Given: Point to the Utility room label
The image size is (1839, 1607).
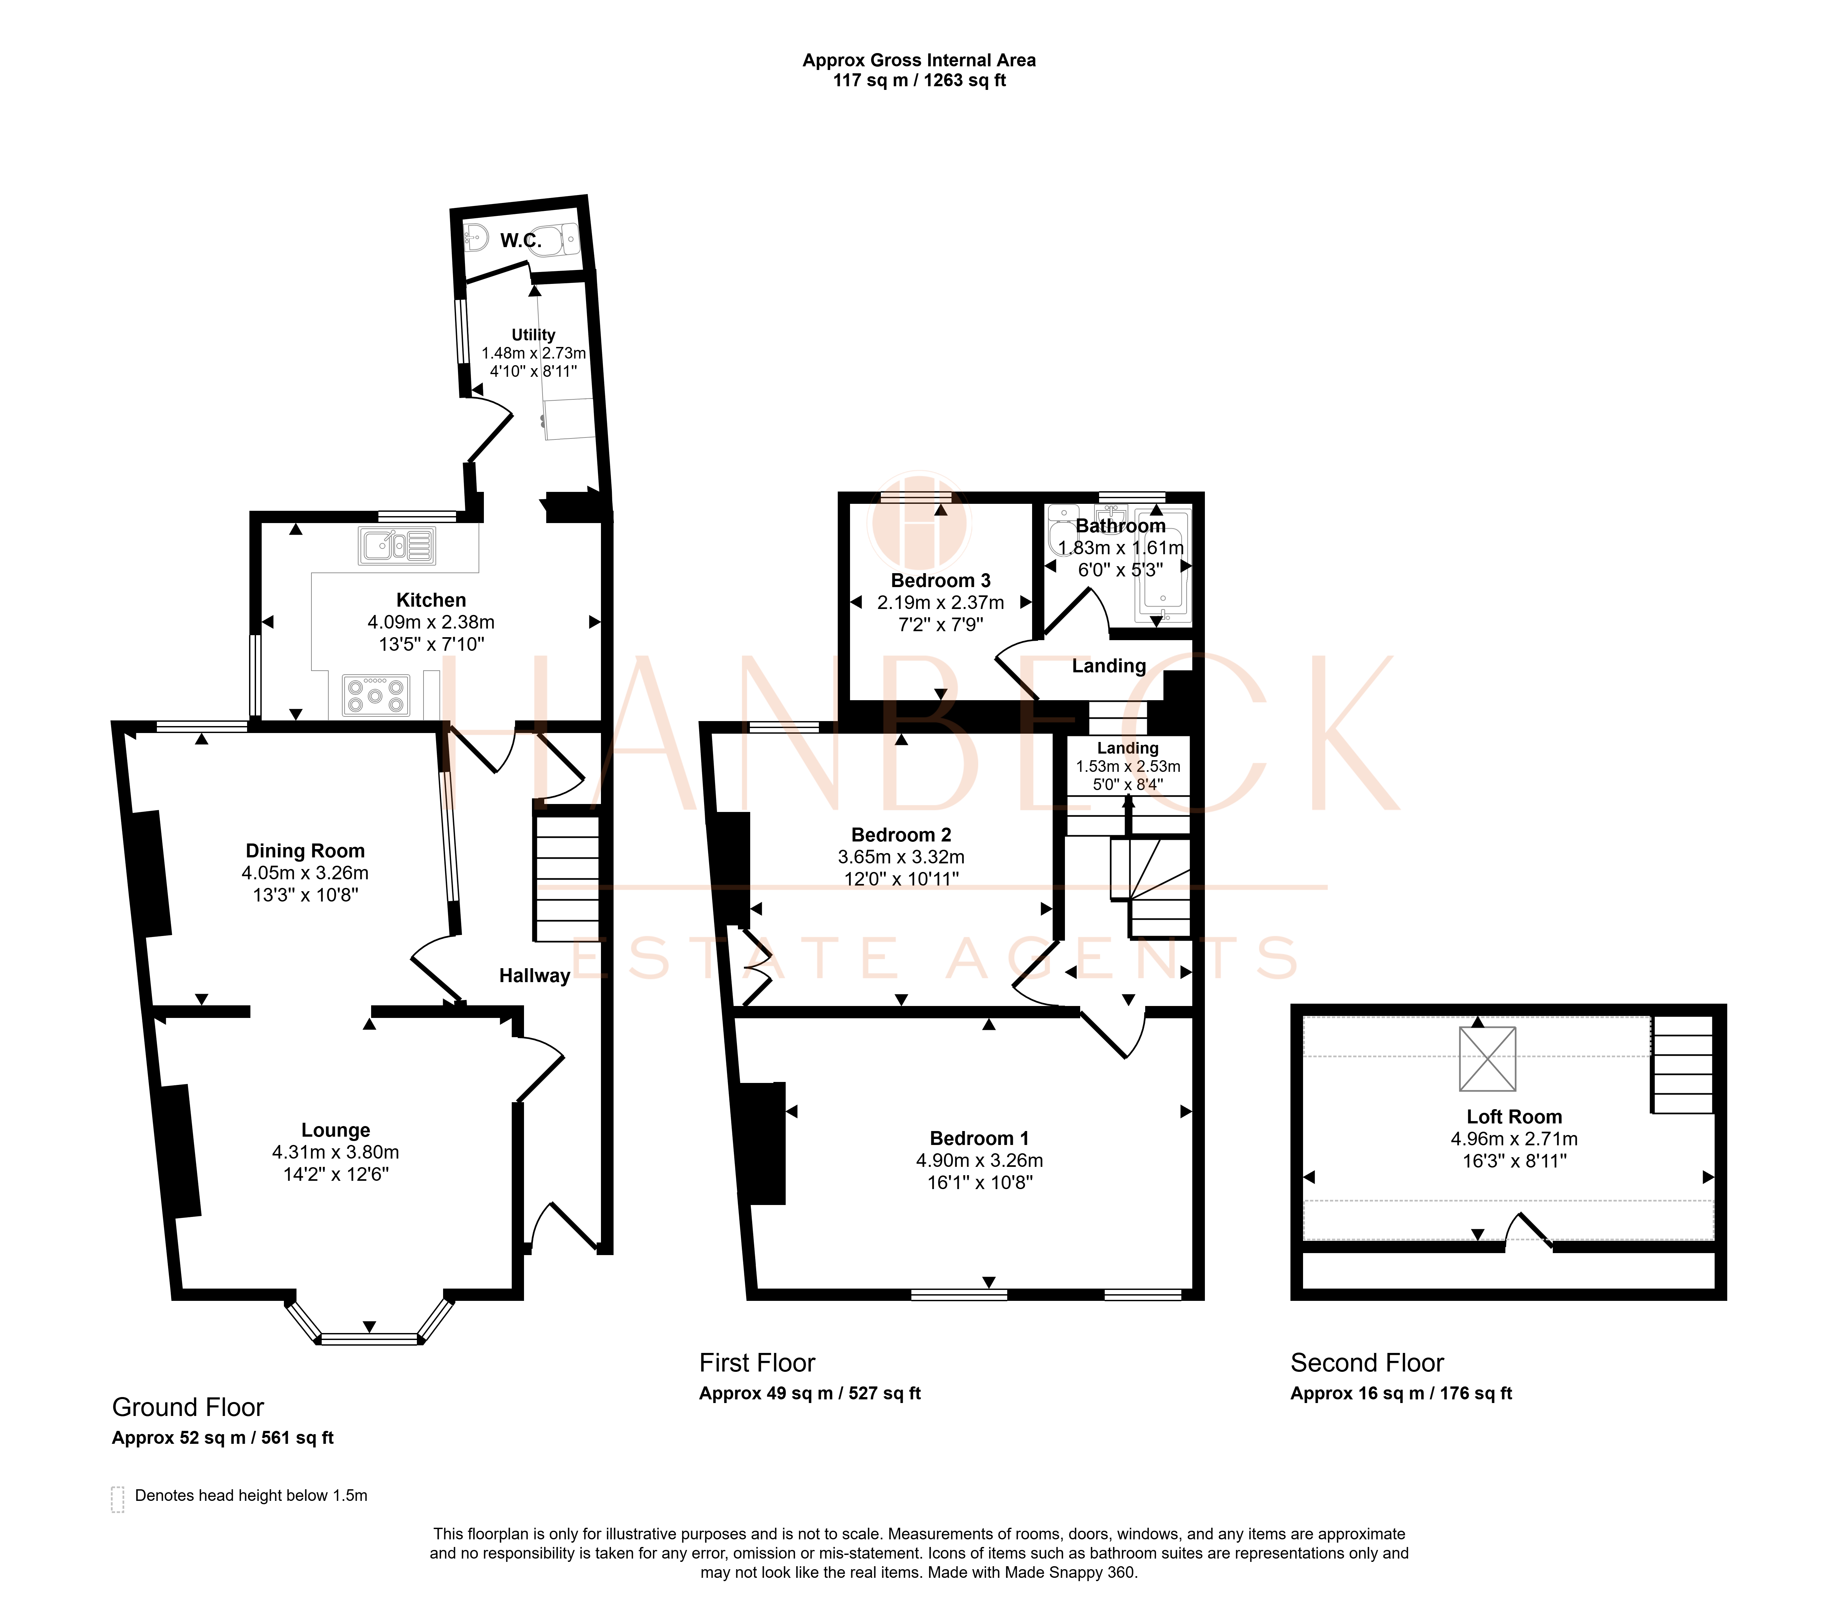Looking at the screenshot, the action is [534, 334].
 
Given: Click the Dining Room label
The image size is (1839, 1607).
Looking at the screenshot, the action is [305, 851].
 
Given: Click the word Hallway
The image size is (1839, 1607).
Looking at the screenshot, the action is [534, 976].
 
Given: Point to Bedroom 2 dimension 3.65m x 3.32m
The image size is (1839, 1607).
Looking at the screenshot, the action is [901, 857].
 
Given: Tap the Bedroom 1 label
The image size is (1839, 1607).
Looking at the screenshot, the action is [979, 1139].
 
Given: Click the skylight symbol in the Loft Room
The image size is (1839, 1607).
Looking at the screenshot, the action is [1487, 1059].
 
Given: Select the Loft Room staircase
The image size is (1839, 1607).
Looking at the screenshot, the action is [1682, 1064].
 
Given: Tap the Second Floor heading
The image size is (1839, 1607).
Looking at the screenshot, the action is [1367, 1363].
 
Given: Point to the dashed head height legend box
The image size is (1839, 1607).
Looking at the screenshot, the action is [117, 1500].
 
